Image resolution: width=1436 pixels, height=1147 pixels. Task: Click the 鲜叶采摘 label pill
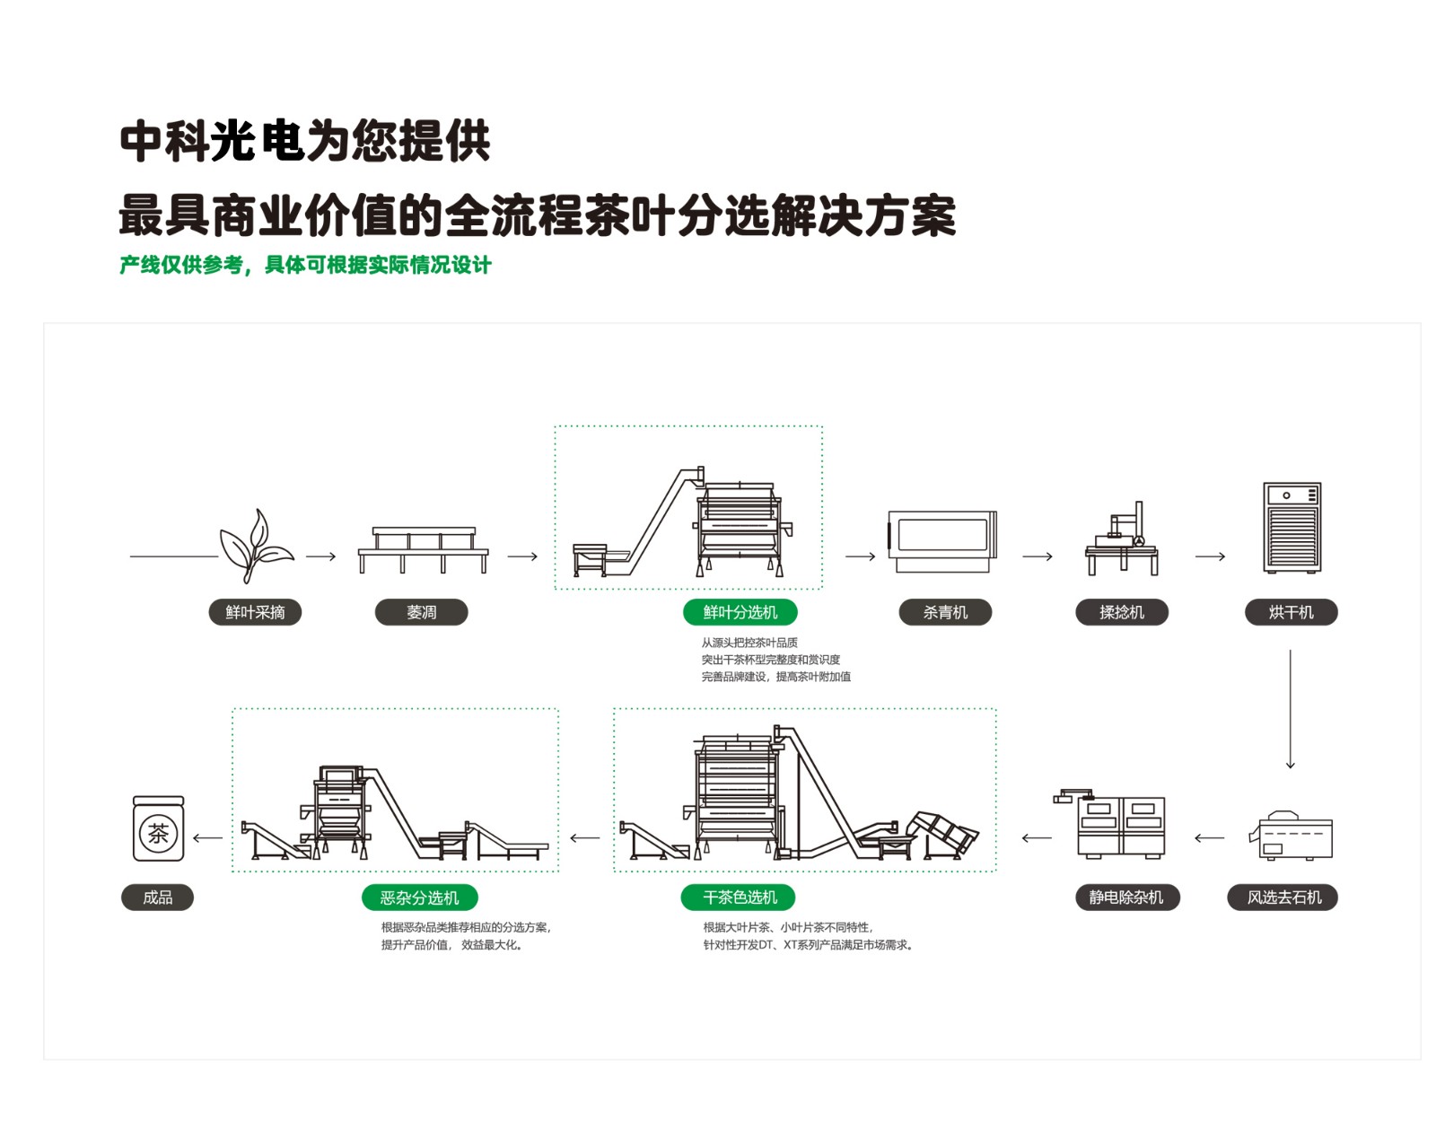point(255,612)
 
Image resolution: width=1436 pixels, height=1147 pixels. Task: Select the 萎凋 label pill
point(421,612)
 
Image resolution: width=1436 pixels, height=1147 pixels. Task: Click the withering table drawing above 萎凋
point(423,549)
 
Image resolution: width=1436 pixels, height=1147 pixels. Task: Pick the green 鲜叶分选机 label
point(740,612)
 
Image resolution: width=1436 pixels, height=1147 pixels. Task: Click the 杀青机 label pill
point(945,612)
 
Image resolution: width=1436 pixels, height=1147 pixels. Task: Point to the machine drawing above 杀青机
point(942,540)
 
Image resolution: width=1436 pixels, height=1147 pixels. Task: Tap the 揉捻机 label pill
point(1121,612)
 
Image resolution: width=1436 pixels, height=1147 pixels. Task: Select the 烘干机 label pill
point(1291,612)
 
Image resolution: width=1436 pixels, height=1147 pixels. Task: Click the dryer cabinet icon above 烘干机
point(1292,528)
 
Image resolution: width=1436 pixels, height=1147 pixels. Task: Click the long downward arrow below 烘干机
point(1290,709)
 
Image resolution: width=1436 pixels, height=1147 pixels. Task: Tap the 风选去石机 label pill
point(1283,897)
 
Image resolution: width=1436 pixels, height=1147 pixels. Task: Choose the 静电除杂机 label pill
point(1126,897)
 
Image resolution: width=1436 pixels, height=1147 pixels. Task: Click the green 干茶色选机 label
point(738,897)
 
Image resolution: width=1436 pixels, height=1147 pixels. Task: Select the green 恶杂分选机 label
point(419,897)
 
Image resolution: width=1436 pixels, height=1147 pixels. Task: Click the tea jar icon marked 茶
point(158,829)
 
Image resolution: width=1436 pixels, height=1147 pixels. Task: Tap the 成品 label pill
point(157,897)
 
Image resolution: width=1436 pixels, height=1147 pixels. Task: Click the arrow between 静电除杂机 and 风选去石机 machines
point(1209,838)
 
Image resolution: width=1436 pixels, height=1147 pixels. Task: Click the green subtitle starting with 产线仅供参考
point(305,265)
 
